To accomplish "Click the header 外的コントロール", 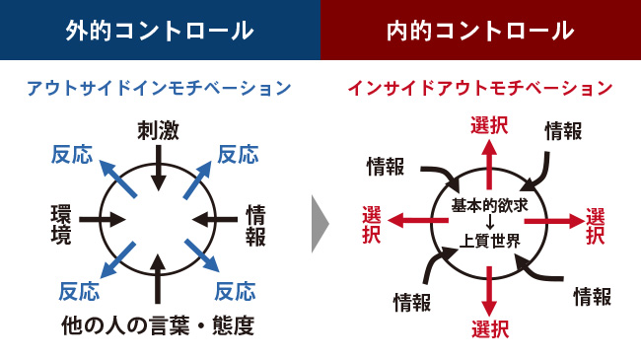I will tap(159, 30).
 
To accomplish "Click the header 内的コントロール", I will tap(480, 30).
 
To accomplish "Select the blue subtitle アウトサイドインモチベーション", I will tap(159, 88).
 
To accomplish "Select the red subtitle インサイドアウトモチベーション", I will tap(480, 88).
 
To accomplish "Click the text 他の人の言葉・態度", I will tap(158, 324).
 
